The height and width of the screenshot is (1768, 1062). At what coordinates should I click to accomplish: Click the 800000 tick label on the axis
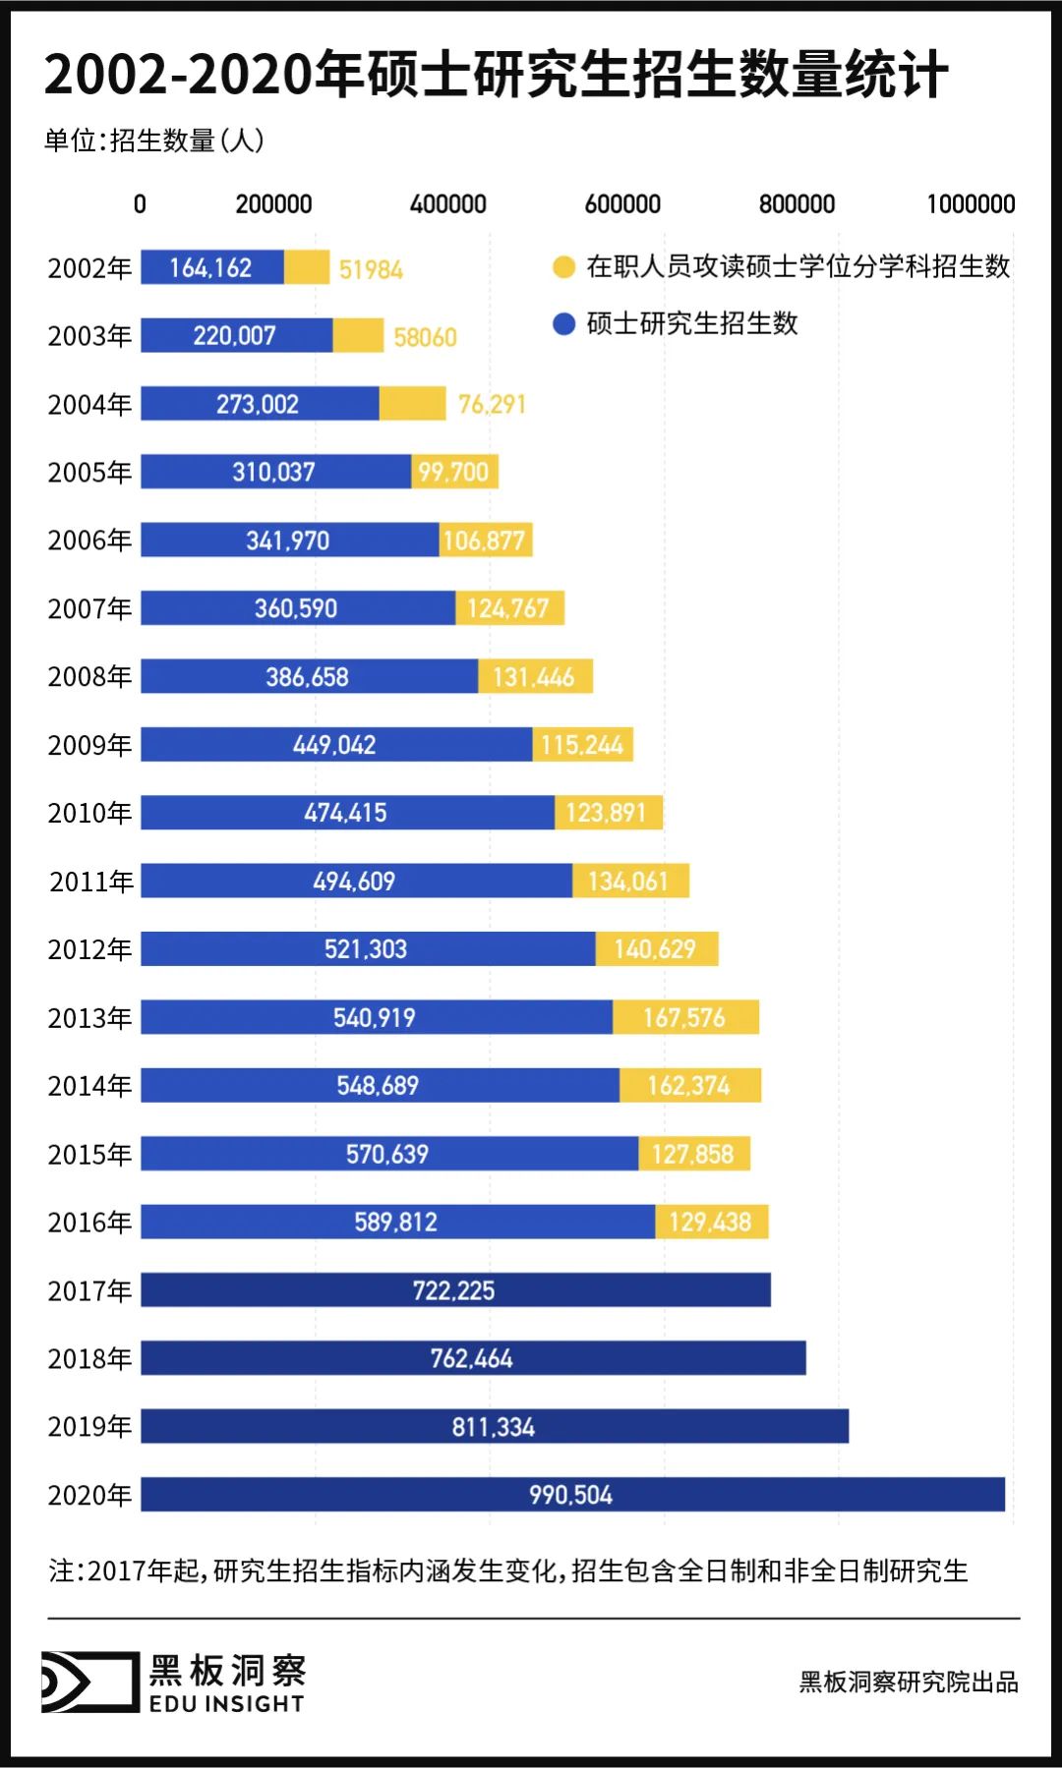tap(796, 204)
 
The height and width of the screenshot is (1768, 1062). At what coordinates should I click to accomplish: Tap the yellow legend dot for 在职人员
tap(563, 267)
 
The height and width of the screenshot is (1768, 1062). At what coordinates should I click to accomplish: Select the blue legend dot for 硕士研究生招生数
tap(563, 324)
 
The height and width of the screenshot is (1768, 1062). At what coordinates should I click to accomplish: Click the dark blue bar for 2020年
tap(572, 1494)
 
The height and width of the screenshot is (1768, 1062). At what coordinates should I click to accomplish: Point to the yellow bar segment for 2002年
tap(307, 267)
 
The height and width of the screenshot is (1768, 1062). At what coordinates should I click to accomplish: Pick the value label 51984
tap(371, 269)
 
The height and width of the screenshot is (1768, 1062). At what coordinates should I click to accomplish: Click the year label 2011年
tap(90, 882)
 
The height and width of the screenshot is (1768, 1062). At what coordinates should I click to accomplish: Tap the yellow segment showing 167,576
tap(685, 1017)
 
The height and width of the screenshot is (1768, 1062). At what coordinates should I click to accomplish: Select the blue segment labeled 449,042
tap(335, 745)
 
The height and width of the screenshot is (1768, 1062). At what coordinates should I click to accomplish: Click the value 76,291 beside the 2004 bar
tap(492, 404)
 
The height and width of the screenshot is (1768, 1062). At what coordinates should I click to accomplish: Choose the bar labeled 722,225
tap(454, 1289)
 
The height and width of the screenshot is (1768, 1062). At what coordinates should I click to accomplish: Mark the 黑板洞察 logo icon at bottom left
tap(89, 1682)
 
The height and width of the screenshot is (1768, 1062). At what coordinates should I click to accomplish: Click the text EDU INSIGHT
tap(226, 1704)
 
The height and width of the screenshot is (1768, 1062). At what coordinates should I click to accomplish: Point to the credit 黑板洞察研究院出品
tap(908, 1682)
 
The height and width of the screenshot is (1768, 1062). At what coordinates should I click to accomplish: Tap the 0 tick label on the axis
tap(140, 204)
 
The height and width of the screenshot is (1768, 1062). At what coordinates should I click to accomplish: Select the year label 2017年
tap(89, 1290)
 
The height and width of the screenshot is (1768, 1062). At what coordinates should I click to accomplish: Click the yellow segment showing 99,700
tap(454, 472)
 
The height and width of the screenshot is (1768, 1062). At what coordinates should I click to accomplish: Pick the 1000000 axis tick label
tap(971, 204)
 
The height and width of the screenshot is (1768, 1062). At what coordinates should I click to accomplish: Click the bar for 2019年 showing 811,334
tap(494, 1426)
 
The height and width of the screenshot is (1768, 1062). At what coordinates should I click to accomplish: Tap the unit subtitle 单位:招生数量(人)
tap(154, 141)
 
